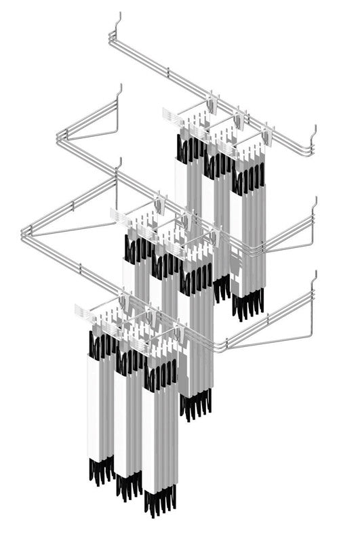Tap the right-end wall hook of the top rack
pos(313,133)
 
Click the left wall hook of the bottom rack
pos(119,167)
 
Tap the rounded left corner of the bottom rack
pos(26,234)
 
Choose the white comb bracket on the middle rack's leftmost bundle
pos(120,217)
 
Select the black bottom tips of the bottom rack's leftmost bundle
pos(100,470)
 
